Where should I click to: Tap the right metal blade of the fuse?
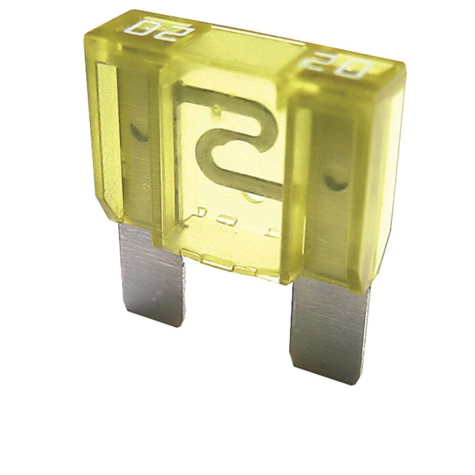(x=329, y=329)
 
